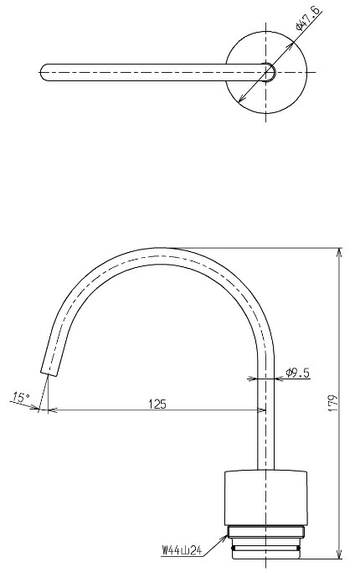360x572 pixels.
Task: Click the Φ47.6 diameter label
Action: pos(309,18)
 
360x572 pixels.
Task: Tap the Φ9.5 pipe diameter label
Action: pos(298,373)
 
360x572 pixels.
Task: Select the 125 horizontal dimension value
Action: pos(157,405)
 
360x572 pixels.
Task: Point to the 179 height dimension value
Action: pos(333,404)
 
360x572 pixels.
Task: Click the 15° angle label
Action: pos(22,396)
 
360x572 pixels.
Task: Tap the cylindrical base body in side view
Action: pos(265,498)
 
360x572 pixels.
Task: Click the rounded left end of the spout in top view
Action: pos(44,72)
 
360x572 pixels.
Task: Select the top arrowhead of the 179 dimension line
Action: pos(340,252)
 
